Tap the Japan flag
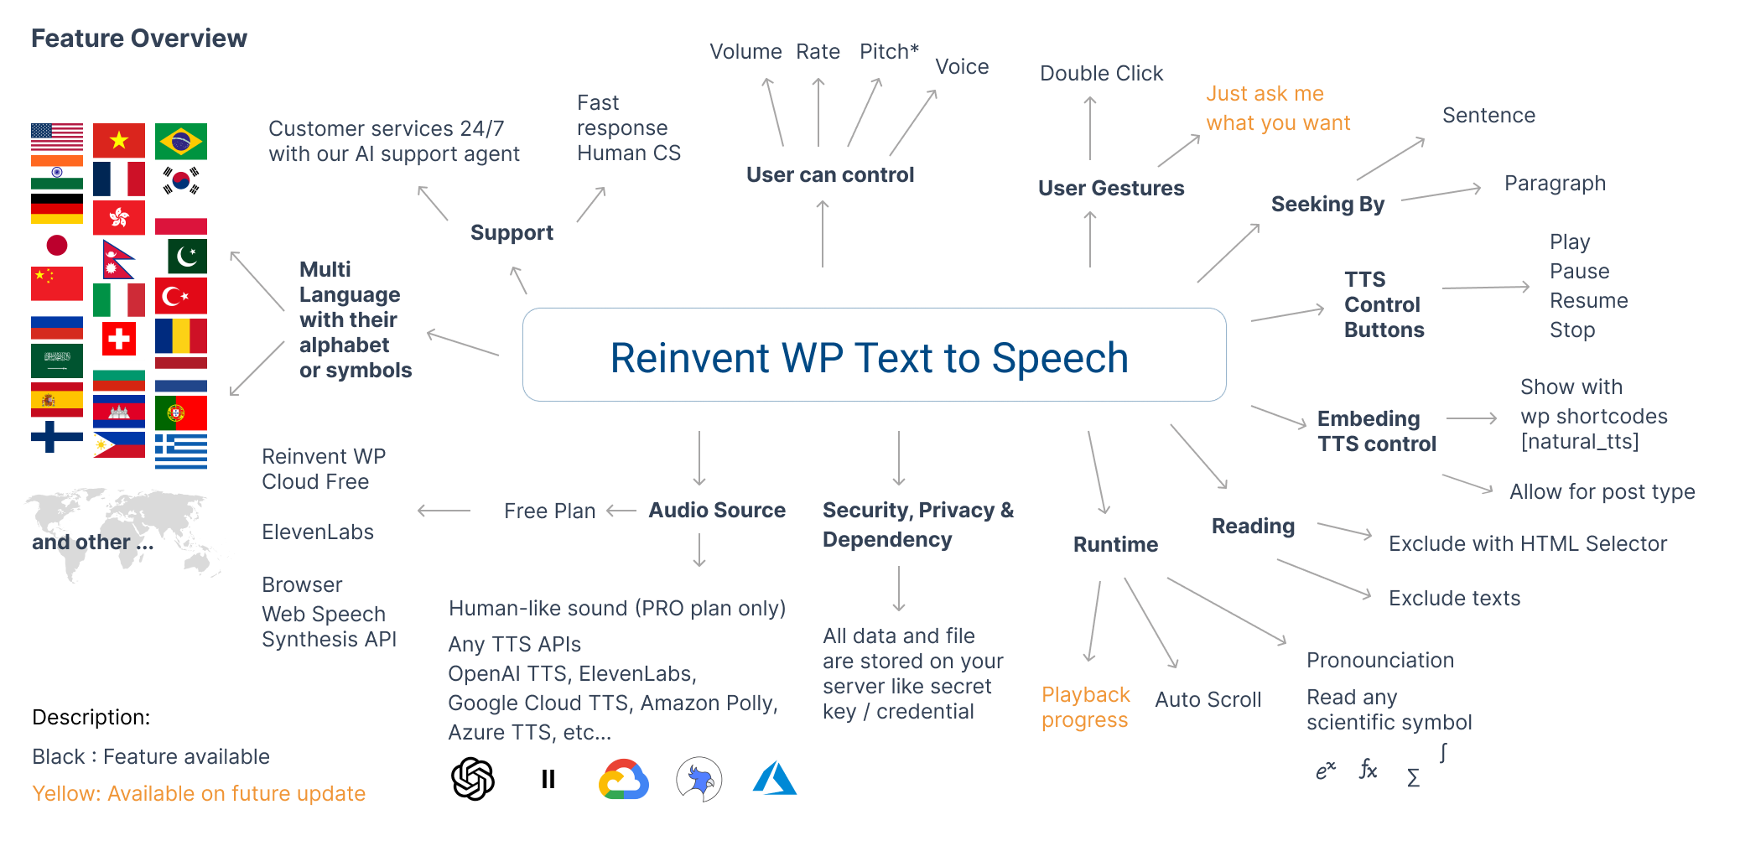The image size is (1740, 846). click(x=57, y=246)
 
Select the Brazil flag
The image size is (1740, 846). click(x=181, y=142)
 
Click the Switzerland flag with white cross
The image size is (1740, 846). click(x=118, y=338)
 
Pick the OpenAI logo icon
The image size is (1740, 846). click(x=473, y=779)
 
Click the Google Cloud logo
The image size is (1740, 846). click(x=623, y=780)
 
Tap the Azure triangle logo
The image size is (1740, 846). click(x=775, y=778)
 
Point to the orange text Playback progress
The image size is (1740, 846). click(x=1085, y=707)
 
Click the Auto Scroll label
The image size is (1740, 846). click(x=1208, y=699)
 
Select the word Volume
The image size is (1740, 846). click(x=745, y=52)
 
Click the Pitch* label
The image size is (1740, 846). click(x=889, y=52)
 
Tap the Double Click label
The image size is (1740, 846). click(x=1101, y=74)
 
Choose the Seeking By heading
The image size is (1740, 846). click(x=1327, y=205)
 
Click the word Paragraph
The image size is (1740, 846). click(x=1555, y=184)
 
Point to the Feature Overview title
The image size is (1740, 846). click(x=139, y=39)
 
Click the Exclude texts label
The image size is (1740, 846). click(x=1454, y=598)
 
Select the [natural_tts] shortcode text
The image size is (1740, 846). click(x=1580, y=442)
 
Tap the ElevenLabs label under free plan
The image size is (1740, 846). click(x=318, y=532)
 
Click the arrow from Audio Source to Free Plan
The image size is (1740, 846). click(x=621, y=511)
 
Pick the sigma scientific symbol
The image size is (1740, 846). click(x=1413, y=778)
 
